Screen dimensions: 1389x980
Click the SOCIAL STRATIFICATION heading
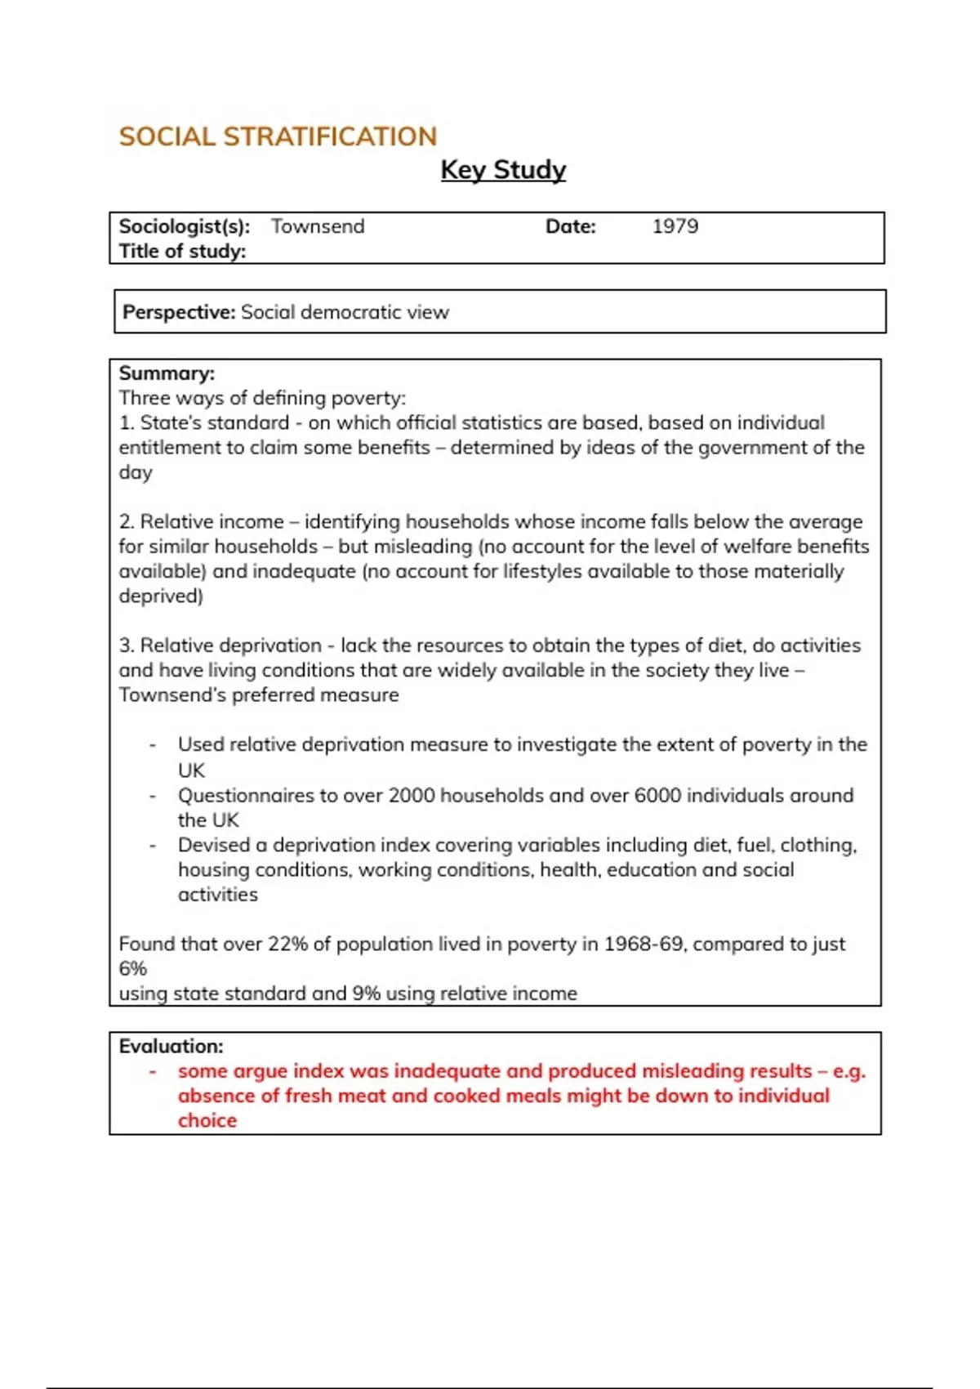click(278, 136)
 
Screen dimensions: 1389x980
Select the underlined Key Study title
click(503, 170)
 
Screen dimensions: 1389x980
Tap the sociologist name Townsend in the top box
click(318, 226)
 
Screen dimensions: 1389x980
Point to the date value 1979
click(675, 226)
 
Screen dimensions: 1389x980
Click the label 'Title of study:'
click(182, 252)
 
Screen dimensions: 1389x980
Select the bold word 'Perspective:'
click(179, 312)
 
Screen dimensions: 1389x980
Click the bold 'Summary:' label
click(167, 373)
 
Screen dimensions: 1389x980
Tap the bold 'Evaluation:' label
click(171, 1046)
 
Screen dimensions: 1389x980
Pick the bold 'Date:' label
click(571, 226)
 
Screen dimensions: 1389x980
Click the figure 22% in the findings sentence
click(287, 944)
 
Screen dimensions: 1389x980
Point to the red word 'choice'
click(207, 1120)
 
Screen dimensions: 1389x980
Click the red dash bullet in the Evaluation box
click(153, 1071)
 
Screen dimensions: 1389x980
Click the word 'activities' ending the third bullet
click(218, 895)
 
